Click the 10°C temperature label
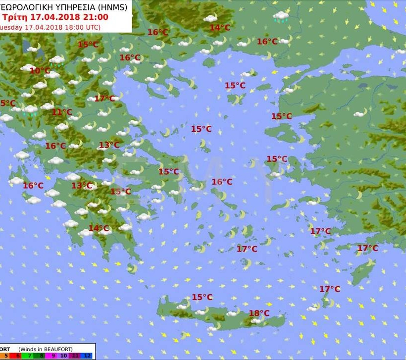point(40,71)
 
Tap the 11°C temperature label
point(62,112)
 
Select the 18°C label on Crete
point(259,313)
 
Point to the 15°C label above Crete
point(202,297)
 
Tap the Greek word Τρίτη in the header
point(15,17)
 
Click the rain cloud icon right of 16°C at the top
point(281,17)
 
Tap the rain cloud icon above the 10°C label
point(56,60)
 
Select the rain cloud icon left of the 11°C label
point(31,110)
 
